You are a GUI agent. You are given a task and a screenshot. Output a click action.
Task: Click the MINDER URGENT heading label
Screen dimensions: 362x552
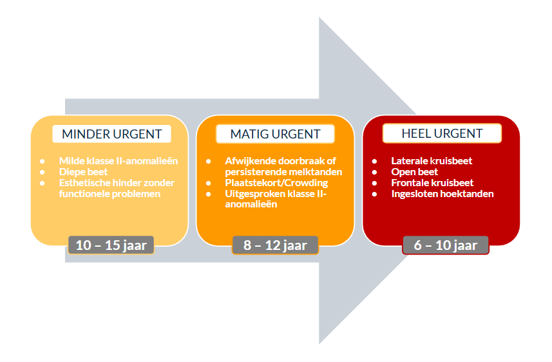[x=111, y=134]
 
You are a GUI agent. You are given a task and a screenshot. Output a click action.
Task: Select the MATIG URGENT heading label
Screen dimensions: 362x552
[x=275, y=134]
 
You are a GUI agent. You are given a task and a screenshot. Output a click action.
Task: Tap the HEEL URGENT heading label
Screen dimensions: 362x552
[x=442, y=133]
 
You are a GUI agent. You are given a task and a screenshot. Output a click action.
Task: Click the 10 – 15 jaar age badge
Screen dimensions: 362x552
[x=111, y=245]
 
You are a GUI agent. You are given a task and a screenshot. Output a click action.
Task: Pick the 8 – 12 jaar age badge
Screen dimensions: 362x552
[x=275, y=245]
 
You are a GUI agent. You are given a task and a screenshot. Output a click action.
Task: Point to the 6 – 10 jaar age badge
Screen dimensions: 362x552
[x=445, y=245]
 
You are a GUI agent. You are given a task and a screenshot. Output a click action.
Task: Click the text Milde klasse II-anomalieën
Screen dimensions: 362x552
[x=119, y=160]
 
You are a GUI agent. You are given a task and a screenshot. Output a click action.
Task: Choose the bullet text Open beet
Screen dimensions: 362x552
[x=414, y=172]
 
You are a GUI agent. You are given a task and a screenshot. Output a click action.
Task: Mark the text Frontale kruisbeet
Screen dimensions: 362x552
[x=432, y=183]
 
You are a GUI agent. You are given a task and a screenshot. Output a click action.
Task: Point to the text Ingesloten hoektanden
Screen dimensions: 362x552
[x=443, y=194]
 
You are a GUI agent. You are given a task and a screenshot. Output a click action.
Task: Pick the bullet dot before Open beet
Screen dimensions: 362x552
[x=375, y=172]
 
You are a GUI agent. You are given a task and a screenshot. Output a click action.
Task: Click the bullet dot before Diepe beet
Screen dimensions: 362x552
[x=43, y=172]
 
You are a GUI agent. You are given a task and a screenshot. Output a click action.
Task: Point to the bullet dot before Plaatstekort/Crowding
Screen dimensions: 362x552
[x=209, y=183]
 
